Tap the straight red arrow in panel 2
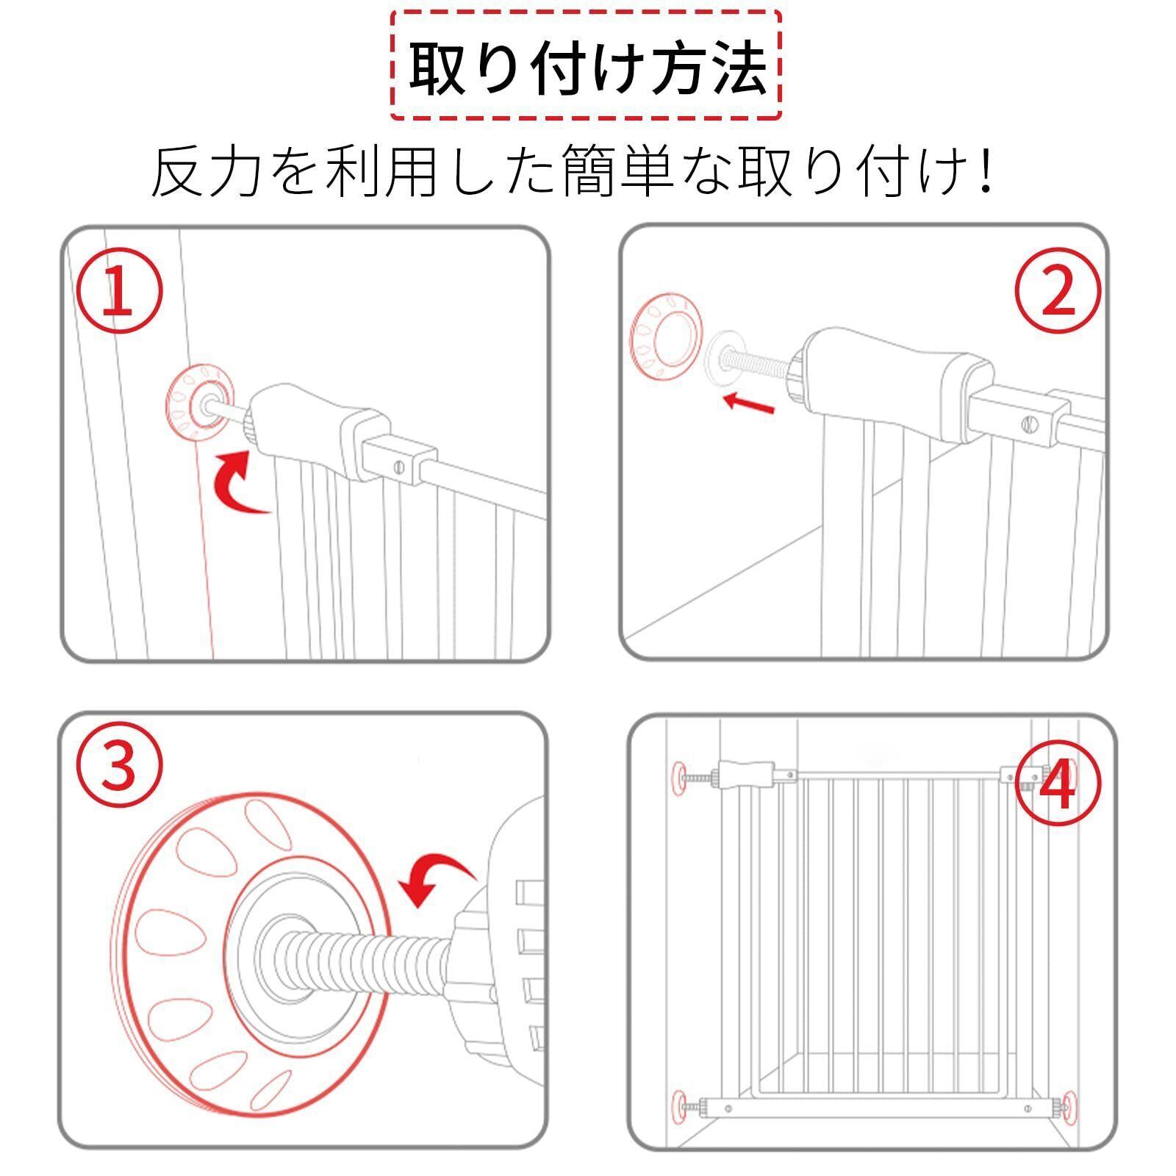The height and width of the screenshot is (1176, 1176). (x=748, y=402)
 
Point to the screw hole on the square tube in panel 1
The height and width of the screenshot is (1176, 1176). (x=399, y=467)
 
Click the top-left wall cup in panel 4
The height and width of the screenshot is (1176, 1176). (x=678, y=775)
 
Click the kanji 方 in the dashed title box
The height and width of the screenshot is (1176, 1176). (x=673, y=68)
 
